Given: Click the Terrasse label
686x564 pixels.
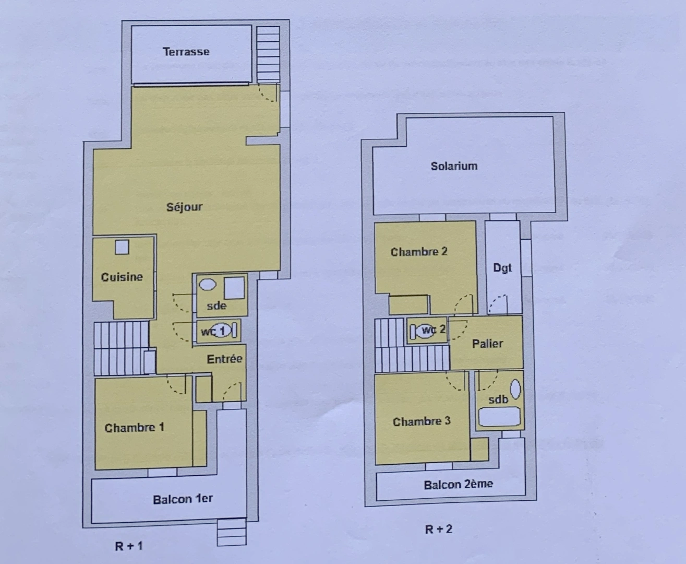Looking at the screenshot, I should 186,52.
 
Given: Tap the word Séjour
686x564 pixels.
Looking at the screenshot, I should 184,207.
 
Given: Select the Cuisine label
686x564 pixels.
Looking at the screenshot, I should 122,277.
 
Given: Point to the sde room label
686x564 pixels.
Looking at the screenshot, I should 216,305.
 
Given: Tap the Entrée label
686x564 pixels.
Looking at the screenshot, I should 224,359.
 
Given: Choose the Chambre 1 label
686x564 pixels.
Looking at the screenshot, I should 134,428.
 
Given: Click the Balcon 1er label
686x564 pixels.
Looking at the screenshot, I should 183,499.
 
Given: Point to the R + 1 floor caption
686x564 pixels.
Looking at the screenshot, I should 128,546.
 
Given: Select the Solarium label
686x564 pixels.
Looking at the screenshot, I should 454,166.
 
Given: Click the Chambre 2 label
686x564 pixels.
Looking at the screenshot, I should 419,252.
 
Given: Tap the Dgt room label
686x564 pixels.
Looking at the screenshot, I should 502,268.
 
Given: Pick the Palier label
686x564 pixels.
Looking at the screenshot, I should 487,343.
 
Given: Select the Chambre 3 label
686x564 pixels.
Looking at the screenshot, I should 422,421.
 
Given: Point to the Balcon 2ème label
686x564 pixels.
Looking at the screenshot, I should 458,484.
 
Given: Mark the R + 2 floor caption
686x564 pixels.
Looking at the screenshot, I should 438,529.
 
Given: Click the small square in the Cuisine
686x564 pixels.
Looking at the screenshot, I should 122,246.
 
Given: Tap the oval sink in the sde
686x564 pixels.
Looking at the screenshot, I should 208,285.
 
